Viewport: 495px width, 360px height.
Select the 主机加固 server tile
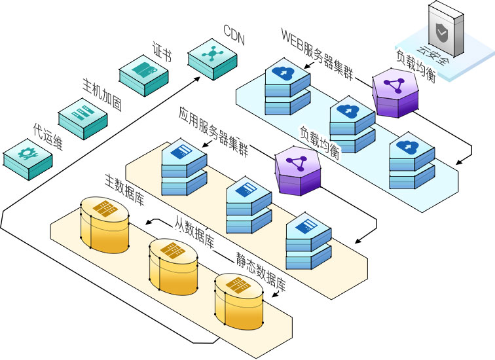pyautogui.click(x=82, y=115)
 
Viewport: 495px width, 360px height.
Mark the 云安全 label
pyautogui.click(x=425, y=60)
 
